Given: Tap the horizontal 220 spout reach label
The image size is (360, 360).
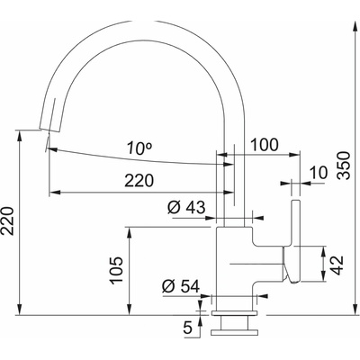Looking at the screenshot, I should [x=139, y=180].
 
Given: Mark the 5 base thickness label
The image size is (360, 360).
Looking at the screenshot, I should [x=187, y=329].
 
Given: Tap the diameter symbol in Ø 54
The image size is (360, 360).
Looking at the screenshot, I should [x=167, y=287].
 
